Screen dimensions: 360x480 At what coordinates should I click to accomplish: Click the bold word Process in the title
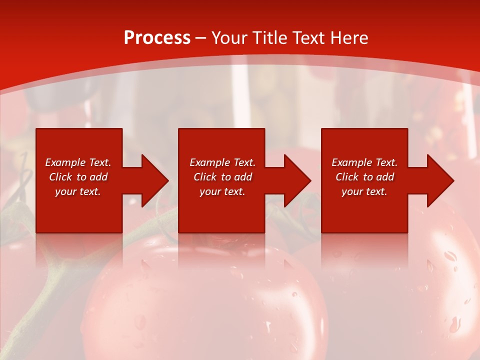click(157, 38)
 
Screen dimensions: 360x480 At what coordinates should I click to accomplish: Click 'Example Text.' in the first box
click(78, 162)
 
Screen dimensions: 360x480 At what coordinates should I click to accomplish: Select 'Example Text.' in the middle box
click(222, 162)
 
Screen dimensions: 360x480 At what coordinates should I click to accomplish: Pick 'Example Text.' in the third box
click(364, 162)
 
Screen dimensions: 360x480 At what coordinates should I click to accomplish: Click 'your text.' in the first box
click(78, 191)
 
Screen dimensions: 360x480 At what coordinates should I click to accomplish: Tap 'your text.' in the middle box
click(222, 191)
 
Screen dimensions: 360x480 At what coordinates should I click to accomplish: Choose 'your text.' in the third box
click(364, 191)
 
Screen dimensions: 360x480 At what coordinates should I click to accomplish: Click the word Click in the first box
click(61, 177)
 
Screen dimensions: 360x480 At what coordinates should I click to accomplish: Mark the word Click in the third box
click(347, 177)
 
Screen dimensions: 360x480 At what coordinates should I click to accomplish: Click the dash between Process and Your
click(201, 38)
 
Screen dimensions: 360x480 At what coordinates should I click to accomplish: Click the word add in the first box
click(98, 177)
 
